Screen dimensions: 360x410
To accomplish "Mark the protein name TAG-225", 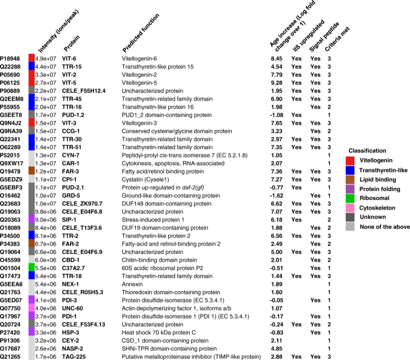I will tap(75, 355).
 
